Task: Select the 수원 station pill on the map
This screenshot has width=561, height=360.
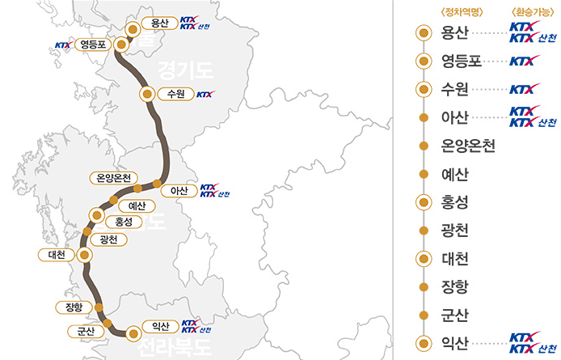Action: pos(175,94)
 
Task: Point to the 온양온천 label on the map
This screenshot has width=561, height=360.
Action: pos(113,178)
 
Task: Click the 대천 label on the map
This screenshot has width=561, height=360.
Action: pos(56,255)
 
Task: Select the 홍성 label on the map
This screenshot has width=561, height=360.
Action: pos(124,222)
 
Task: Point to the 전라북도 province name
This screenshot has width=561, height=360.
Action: pos(173,349)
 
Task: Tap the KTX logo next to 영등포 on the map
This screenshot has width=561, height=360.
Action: pos(62,45)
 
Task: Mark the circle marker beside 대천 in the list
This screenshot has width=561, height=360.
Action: pos(422,259)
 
